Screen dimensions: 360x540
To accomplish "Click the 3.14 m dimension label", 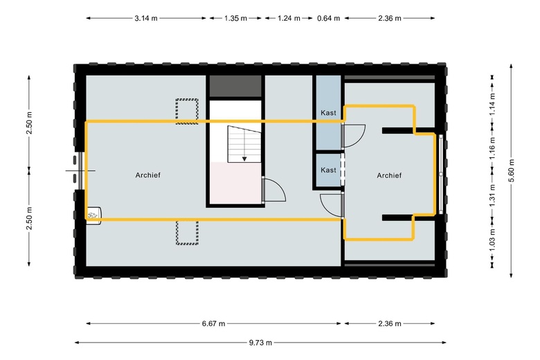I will coord(146,19).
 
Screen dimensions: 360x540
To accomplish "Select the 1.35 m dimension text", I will coord(235,19).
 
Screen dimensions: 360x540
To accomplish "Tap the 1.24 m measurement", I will coord(288,19).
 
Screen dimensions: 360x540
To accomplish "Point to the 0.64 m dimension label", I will coord(328,19).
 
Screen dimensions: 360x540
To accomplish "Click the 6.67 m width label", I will coord(214,323).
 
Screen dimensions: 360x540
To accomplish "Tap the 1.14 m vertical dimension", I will coord(492,103).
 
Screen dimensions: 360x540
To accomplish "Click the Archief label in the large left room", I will coord(148,176).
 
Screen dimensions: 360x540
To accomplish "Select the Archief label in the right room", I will coord(389,176).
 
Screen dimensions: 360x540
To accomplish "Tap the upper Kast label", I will coord(328,113).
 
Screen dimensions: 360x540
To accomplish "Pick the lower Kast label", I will coord(328,170).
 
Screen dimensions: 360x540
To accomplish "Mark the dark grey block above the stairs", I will coord(235,87).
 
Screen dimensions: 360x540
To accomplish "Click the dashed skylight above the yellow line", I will coord(186,110).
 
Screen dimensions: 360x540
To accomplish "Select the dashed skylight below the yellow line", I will coord(186,233).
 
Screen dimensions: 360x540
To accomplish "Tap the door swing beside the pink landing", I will coord(274,190).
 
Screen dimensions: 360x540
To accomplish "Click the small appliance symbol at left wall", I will coord(94,214).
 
